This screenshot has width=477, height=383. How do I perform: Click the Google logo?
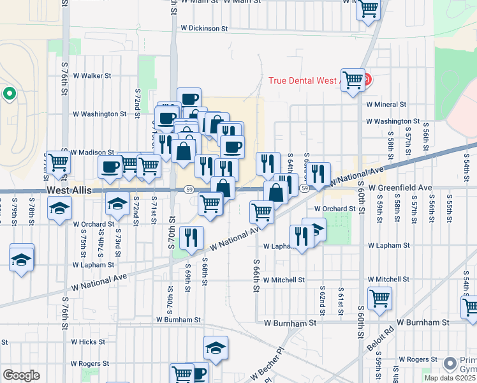tap(20, 375)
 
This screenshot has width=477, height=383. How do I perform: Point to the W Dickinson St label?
tap(204, 28)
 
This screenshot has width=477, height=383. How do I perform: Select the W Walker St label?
tap(92, 75)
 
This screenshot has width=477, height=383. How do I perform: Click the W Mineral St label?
tap(386, 104)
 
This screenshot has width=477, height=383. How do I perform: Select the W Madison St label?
tap(92, 153)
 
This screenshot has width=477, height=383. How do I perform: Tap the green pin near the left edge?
tap(9, 94)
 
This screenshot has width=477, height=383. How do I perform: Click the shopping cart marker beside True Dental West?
tap(353, 80)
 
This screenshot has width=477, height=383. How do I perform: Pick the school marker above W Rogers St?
tap(216, 348)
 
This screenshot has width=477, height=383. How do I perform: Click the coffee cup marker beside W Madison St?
tap(110, 167)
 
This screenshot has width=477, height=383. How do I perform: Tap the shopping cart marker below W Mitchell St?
tap(380, 298)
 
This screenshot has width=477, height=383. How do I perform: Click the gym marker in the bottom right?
tap(451, 363)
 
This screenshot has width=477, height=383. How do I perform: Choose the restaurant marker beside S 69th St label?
tap(191, 237)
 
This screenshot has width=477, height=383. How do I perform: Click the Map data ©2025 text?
tap(449, 378)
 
